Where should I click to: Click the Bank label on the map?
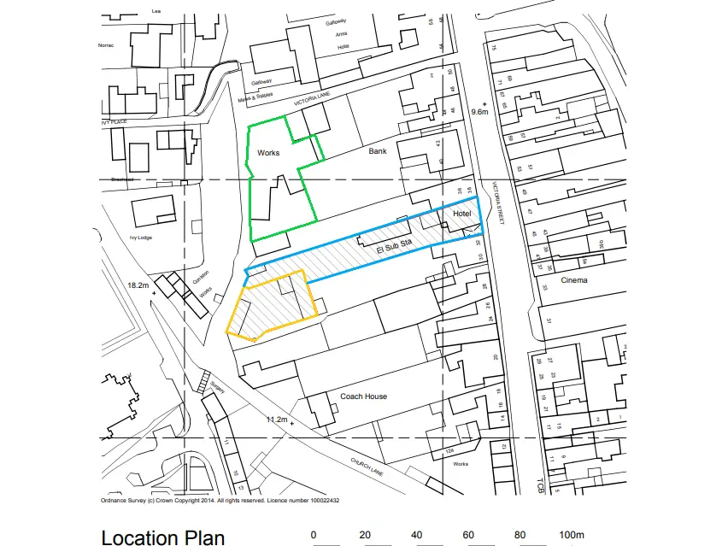[x=378, y=151]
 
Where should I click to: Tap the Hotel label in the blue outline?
[x=462, y=213]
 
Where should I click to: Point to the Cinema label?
[x=574, y=279]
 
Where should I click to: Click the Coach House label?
[x=363, y=396]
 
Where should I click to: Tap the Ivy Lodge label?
[x=140, y=238]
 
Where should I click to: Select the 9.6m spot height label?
[x=479, y=112]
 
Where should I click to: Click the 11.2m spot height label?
[x=277, y=420]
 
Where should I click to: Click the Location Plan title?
[x=163, y=537]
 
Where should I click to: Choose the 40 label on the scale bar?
[x=416, y=535]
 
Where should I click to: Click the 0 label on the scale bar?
[x=314, y=535]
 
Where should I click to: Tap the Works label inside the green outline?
[x=268, y=153]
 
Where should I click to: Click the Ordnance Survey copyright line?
[x=220, y=501]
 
